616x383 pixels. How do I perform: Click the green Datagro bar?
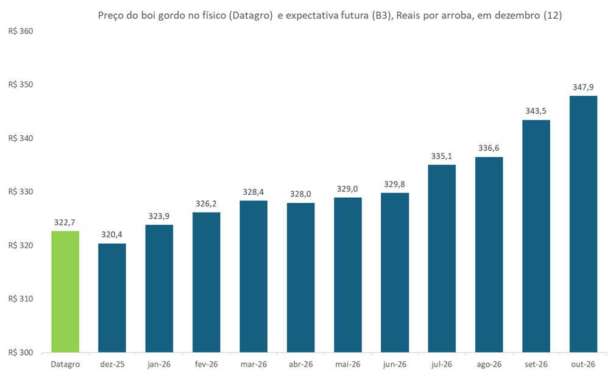pos(65,292)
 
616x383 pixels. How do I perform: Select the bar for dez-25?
pos(112,298)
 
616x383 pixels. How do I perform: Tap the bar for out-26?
pos(583,224)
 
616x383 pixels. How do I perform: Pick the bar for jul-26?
pos(442,259)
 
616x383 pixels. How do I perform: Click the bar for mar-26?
pos(253,276)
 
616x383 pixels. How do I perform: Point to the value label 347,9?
pos(583,87)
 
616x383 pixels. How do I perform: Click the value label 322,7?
pos(65,222)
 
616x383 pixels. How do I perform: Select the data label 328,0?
pos(300,194)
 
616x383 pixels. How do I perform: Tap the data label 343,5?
pos(536,111)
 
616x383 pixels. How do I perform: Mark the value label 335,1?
pos(442,156)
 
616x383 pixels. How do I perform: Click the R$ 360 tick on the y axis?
pos(20,31)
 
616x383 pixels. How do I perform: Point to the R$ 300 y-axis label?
pos(20,353)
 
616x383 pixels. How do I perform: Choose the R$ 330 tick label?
pos(20,192)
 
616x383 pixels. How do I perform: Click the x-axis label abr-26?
pos(300,364)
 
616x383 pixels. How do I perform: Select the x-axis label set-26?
pos(536,364)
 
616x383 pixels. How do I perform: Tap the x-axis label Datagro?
pos(65,364)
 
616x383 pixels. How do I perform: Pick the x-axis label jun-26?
pos(395,364)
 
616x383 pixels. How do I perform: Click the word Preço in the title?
pos(112,16)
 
